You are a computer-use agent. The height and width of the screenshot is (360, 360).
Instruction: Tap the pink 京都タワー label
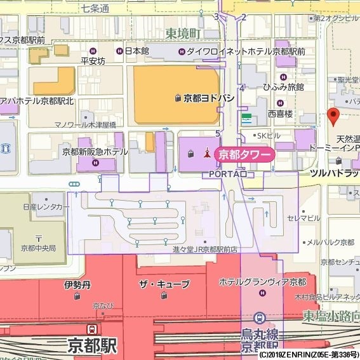point(244,154)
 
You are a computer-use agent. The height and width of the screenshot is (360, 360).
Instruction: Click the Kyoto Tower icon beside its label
point(206,153)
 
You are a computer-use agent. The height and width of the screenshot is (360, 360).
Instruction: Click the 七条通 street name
point(95,8)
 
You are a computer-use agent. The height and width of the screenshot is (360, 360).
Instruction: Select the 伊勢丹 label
point(77,285)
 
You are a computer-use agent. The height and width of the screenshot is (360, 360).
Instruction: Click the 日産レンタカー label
point(46,207)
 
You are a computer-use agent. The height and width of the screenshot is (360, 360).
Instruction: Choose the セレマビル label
point(303,218)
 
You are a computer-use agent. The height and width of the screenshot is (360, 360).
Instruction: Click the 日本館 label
point(136,51)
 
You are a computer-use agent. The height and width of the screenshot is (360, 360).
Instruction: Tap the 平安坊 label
point(93,61)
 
